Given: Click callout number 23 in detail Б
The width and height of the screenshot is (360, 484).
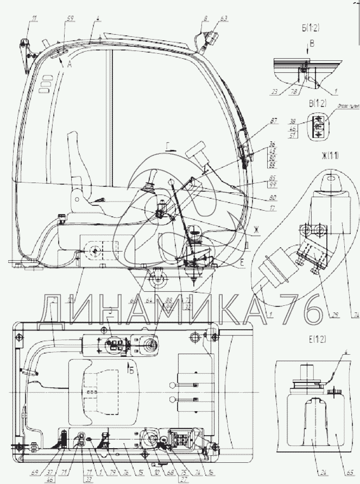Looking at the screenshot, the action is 277,92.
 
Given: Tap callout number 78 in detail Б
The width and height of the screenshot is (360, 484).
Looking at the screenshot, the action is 294,92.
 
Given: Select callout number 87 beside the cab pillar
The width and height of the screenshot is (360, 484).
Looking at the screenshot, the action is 273,120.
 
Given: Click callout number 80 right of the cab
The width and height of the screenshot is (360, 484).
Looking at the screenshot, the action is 272,197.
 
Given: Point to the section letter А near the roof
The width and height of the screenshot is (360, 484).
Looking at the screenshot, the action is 70,64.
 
